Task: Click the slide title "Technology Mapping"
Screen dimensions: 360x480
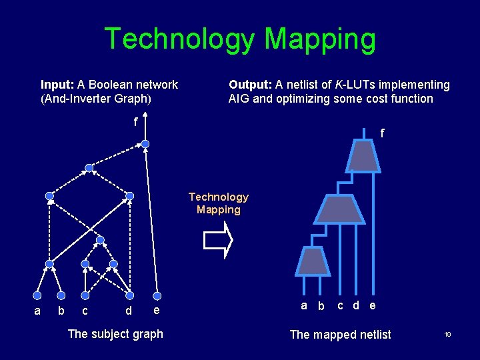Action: coord(240,39)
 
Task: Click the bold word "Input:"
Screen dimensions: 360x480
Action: coord(58,85)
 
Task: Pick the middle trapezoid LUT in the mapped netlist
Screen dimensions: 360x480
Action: coord(339,209)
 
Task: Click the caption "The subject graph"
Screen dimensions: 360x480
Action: coord(115,334)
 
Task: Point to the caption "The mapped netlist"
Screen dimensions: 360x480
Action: coord(341,335)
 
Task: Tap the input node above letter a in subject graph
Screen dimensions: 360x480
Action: coord(37,295)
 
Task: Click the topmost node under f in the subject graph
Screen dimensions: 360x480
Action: coord(145,143)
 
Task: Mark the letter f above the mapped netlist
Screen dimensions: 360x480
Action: coord(382,133)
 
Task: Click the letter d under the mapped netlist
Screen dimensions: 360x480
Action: coord(357,305)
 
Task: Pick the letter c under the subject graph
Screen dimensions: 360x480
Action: coord(85,311)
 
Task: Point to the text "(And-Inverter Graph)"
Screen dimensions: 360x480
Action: coord(96,99)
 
